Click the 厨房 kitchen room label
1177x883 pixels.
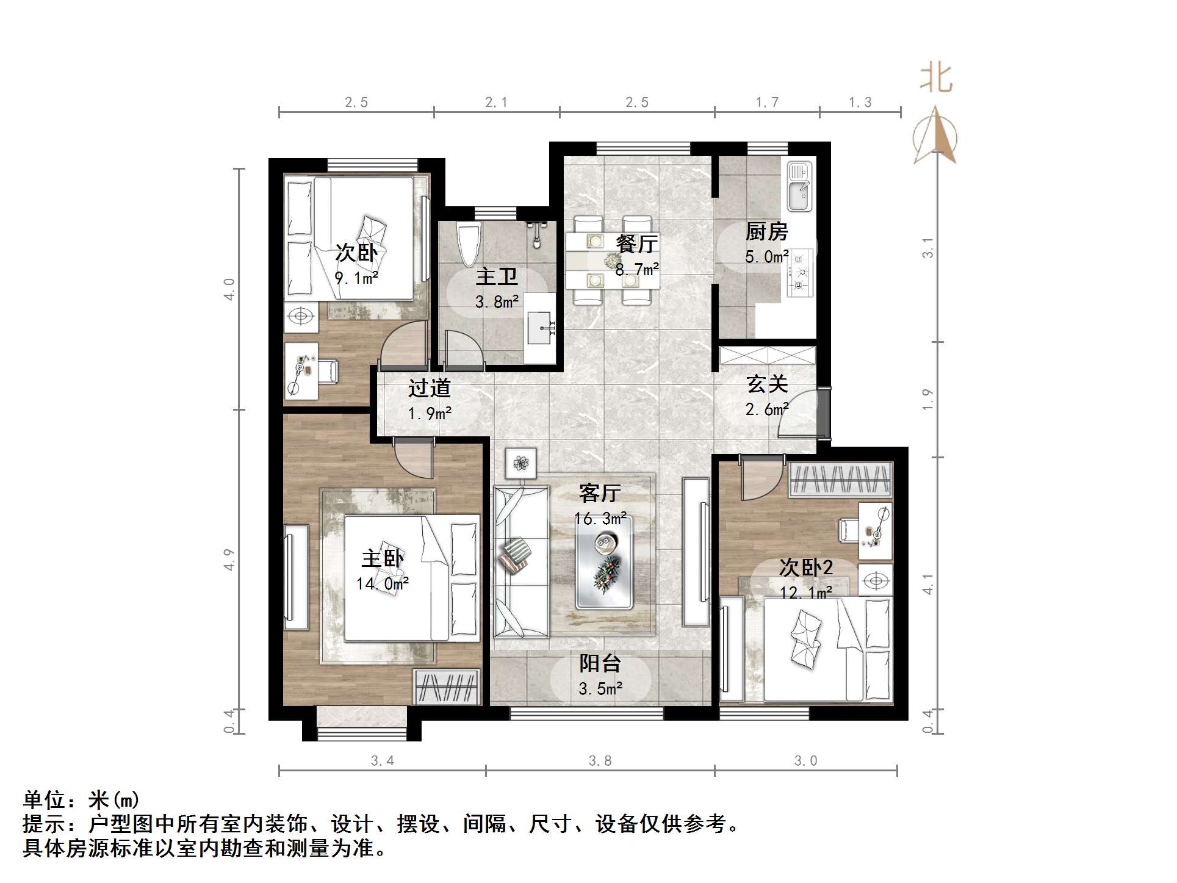tap(766, 232)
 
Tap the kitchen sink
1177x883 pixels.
tap(799, 186)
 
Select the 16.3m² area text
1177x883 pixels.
tap(600, 519)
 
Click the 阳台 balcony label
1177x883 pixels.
tap(600, 663)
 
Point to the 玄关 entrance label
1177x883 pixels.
tap(767, 384)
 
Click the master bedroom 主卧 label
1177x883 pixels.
tap(382, 559)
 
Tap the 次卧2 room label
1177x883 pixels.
tap(805, 568)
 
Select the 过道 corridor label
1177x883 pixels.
tap(429, 388)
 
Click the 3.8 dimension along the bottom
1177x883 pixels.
tap(600, 761)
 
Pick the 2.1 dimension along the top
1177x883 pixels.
tap(496, 103)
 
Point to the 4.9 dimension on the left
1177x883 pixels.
tap(229, 560)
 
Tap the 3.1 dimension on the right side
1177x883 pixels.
tap(927, 248)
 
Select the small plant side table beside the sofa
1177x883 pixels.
tap(520, 463)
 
